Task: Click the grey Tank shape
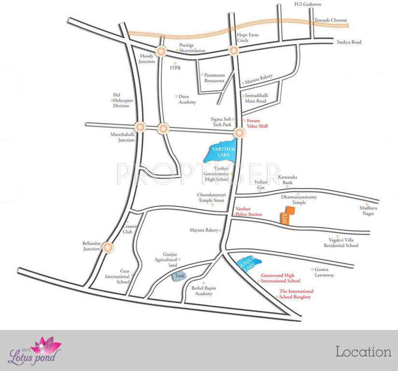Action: click(179, 277)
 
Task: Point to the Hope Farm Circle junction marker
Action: click(234, 50)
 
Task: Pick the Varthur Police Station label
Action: click(248, 212)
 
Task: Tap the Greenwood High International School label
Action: click(280, 278)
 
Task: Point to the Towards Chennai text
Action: click(330, 21)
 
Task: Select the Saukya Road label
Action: click(349, 42)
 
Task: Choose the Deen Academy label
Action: click(187, 100)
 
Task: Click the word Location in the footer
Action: click(363, 352)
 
